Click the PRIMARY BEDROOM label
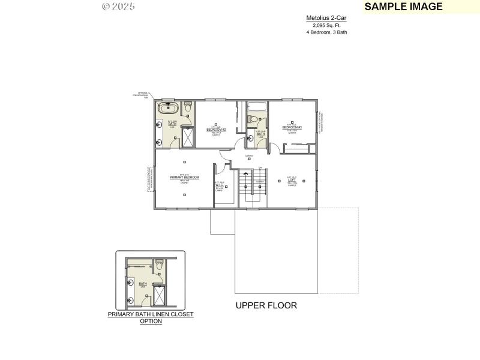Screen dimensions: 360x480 184,178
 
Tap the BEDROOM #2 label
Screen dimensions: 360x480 216,129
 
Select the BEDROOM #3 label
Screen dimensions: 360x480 292,127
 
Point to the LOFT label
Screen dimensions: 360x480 292,179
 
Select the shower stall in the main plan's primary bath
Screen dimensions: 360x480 187,137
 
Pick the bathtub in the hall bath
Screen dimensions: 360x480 257,109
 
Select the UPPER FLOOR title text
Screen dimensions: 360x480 266,305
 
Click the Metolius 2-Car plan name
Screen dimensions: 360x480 326,18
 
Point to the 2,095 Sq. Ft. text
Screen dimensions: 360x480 326,25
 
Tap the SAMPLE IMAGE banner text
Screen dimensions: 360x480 403,7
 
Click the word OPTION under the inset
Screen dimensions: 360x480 151,321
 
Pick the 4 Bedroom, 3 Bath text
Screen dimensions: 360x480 326,32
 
